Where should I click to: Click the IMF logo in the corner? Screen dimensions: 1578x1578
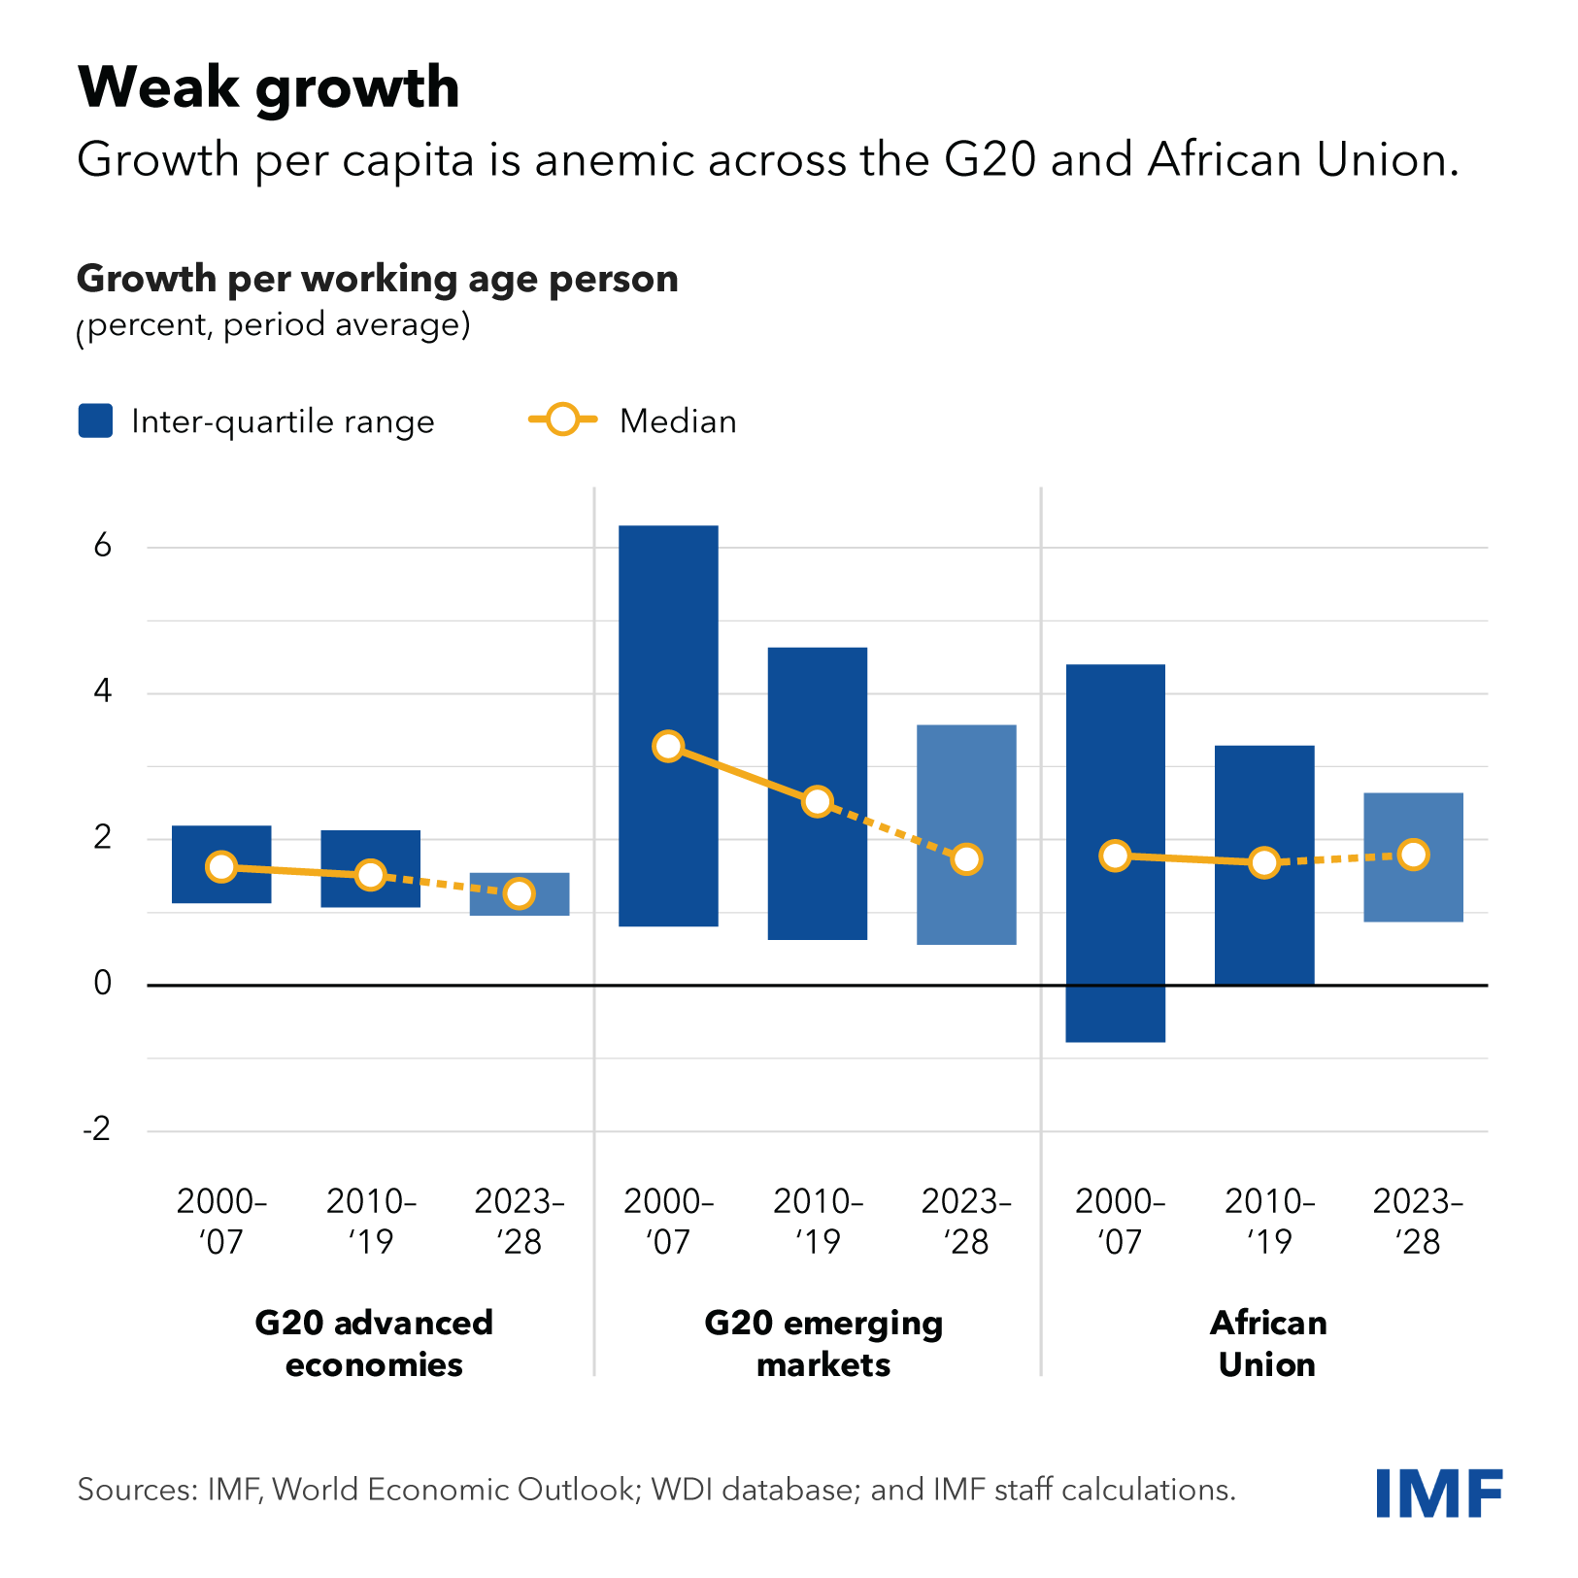pyautogui.click(x=1438, y=1493)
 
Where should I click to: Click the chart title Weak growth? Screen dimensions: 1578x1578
pyautogui.click(x=268, y=87)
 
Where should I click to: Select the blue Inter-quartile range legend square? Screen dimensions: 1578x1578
pyautogui.click(x=95, y=421)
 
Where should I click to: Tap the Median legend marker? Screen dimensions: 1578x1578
pyautogui.click(x=562, y=420)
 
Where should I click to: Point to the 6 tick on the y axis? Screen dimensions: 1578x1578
pyautogui.click(x=103, y=547)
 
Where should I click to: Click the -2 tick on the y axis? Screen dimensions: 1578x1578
pyautogui.click(x=97, y=1130)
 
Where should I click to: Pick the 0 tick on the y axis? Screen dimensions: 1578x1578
pyautogui.click(x=103, y=985)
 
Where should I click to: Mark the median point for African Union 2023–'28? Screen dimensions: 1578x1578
pyautogui.click(x=1413, y=855)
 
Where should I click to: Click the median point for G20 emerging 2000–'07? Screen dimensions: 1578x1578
pyautogui.click(x=668, y=746)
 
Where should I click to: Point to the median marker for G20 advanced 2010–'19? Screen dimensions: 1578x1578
pyautogui.click(x=370, y=874)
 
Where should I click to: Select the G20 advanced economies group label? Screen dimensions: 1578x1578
pyautogui.click(x=374, y=1343)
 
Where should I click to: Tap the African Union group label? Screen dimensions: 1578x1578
pyautogui.click(x=1267, y=1343)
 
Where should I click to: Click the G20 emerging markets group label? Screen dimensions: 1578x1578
pyautogui.click(x=823, y=1343)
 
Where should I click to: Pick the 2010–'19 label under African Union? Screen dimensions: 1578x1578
pyautogui.click(x=1269, y=1221)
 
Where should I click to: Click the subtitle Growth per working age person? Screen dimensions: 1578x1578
pyautogui.click(x=377, y=279)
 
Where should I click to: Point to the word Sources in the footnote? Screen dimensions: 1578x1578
pyautogui.click(x=136, y=1489)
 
